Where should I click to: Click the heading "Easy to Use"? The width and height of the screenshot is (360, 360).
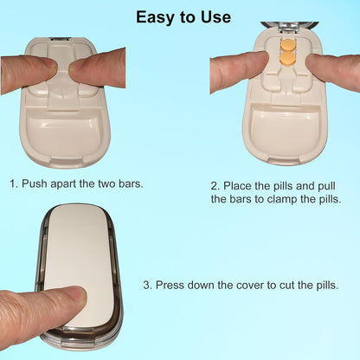(x=183, y=17)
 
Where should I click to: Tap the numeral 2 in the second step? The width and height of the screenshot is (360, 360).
(x=214, y=185)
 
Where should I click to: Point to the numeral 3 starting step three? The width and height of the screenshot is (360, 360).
(x=147, y=285)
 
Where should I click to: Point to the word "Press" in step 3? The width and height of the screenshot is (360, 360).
(x=173, y=285)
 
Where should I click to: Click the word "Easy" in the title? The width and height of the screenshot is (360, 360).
(x=157, y=17)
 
